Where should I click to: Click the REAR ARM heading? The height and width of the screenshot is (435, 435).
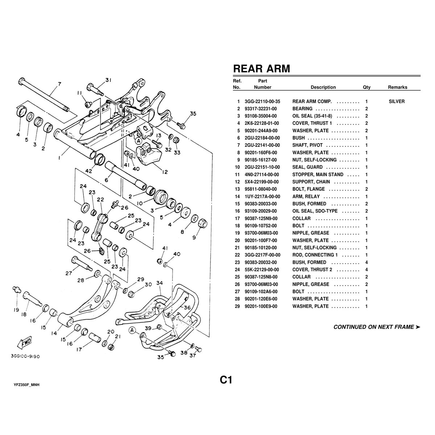(x=261, y=69)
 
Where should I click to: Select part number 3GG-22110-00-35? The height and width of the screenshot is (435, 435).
(x=262, y=101)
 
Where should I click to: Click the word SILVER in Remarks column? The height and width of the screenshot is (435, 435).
(x=397, y=101)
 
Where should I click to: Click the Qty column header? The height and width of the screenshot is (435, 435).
(x=366, y=87)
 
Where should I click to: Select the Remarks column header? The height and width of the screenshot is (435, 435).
(x=397, y=87)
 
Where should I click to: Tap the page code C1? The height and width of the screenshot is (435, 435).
(x=225, y=380)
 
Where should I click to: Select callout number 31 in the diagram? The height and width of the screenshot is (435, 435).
(x=109, y=80)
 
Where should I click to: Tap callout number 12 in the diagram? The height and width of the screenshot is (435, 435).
(x=165, y=172)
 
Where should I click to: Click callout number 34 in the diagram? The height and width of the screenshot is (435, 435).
(x=160, y=283)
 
